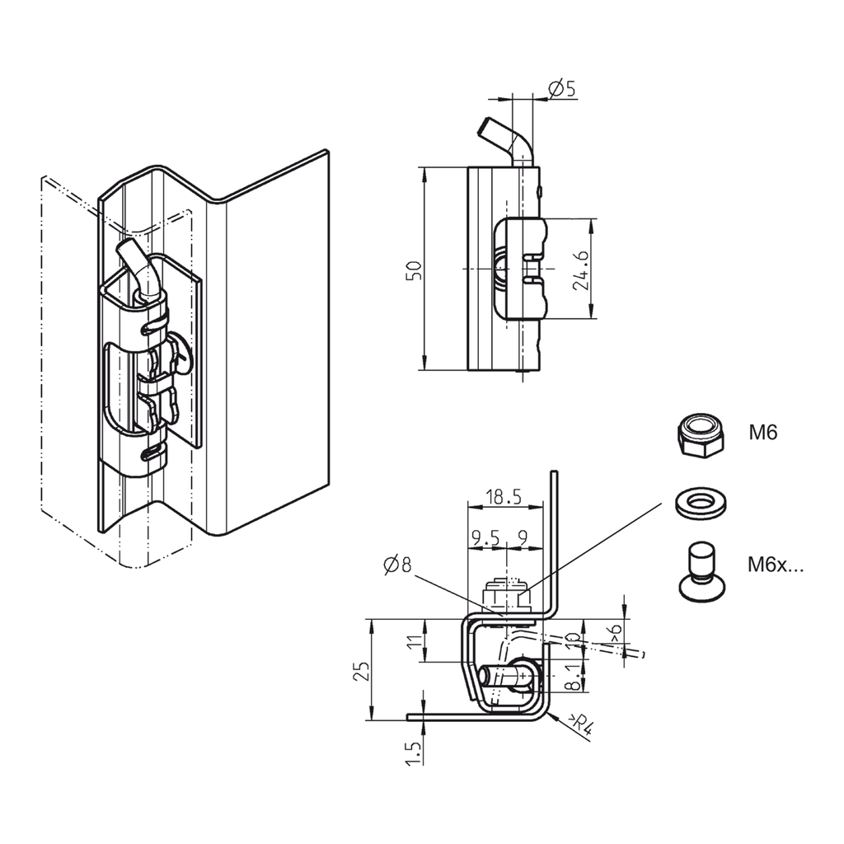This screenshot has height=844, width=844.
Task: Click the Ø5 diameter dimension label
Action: tap(561, 87)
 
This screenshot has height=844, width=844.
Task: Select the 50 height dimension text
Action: tap(415, 270)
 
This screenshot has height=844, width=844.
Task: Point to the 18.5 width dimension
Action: tap(504, 496)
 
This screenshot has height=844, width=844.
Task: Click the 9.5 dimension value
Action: tap(485, 538)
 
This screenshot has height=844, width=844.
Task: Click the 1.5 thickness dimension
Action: tap(415, 753)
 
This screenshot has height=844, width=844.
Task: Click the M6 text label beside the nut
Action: tap(764, 432)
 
